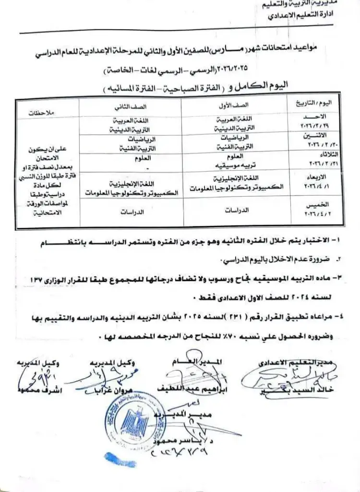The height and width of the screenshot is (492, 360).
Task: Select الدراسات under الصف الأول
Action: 236,210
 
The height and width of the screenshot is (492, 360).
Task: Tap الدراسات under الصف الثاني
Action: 132,210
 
